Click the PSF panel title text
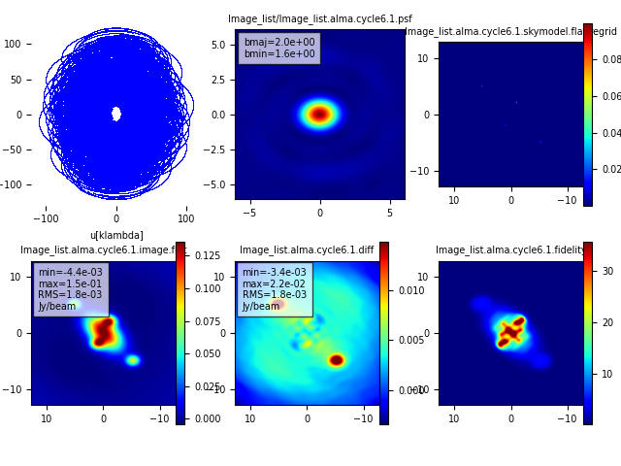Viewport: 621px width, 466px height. pos(319,18)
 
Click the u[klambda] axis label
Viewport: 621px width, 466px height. pos(116,235)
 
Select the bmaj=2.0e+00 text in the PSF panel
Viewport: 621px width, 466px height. pos(278,42)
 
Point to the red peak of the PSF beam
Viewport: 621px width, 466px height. pos(319,115)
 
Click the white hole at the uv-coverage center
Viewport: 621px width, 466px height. pos(116,114)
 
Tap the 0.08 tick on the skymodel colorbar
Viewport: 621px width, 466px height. pos(611,59)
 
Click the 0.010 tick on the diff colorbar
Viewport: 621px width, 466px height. pos(410,290)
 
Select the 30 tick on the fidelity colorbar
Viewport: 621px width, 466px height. pos(607,271)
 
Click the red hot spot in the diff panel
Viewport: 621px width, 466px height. pos(336,360)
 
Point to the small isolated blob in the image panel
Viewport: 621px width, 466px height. pos(132,360)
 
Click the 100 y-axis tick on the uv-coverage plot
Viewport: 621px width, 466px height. pos(13,44)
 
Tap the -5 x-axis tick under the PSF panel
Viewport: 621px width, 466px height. pos(249,213)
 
